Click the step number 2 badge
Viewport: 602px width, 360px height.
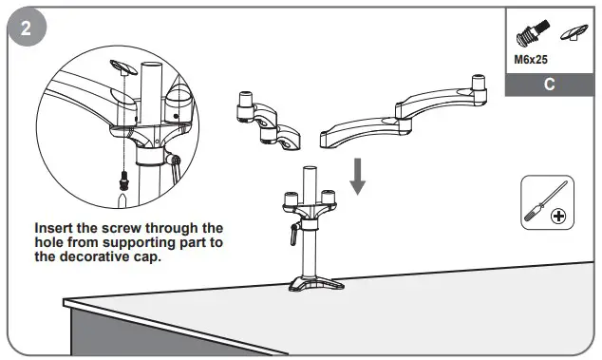tap(26, 27)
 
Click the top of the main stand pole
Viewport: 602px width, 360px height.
tap(309, 169)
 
